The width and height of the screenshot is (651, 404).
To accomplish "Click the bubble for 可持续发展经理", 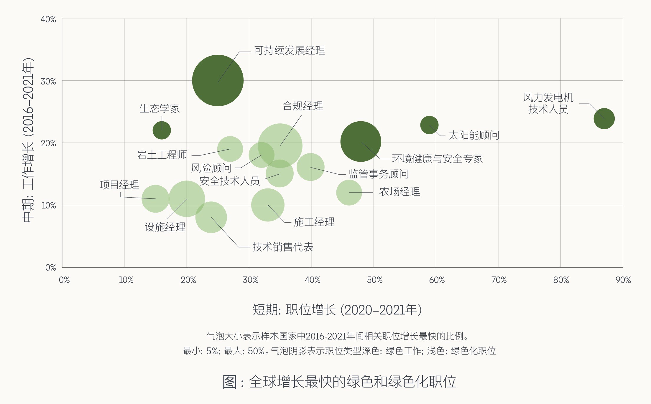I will coord(218,80).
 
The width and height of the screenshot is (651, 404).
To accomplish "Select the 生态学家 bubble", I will coord(162,130).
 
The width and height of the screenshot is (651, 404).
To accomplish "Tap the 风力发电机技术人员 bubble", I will coord(604,119).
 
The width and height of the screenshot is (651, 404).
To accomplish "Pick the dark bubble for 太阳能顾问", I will coord(429,125).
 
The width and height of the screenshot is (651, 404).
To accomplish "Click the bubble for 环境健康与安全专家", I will coord(361,142).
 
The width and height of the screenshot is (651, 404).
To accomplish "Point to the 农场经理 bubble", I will coord(349,193).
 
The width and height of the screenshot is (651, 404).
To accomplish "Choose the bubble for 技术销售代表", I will coord(211,218).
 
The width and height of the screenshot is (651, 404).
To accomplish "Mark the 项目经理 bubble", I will coord(155,199).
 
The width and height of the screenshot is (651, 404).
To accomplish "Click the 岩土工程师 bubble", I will coord(230,149).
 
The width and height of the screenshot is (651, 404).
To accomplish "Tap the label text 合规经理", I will coord(303,106).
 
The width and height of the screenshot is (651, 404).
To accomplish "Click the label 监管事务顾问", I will coord(379,174).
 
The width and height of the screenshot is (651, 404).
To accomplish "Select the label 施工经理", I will coord(314,222).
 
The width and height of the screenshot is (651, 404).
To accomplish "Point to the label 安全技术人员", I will coord(230,181).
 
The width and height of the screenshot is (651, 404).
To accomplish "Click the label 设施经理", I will coord(165,227).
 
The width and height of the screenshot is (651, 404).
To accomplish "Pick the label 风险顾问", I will coord(211,168).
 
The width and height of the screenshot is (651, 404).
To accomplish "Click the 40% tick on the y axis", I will coord(48,19).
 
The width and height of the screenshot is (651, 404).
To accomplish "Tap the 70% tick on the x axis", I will coord(499,280).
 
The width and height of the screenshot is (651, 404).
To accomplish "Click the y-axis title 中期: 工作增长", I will coord(28,140).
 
